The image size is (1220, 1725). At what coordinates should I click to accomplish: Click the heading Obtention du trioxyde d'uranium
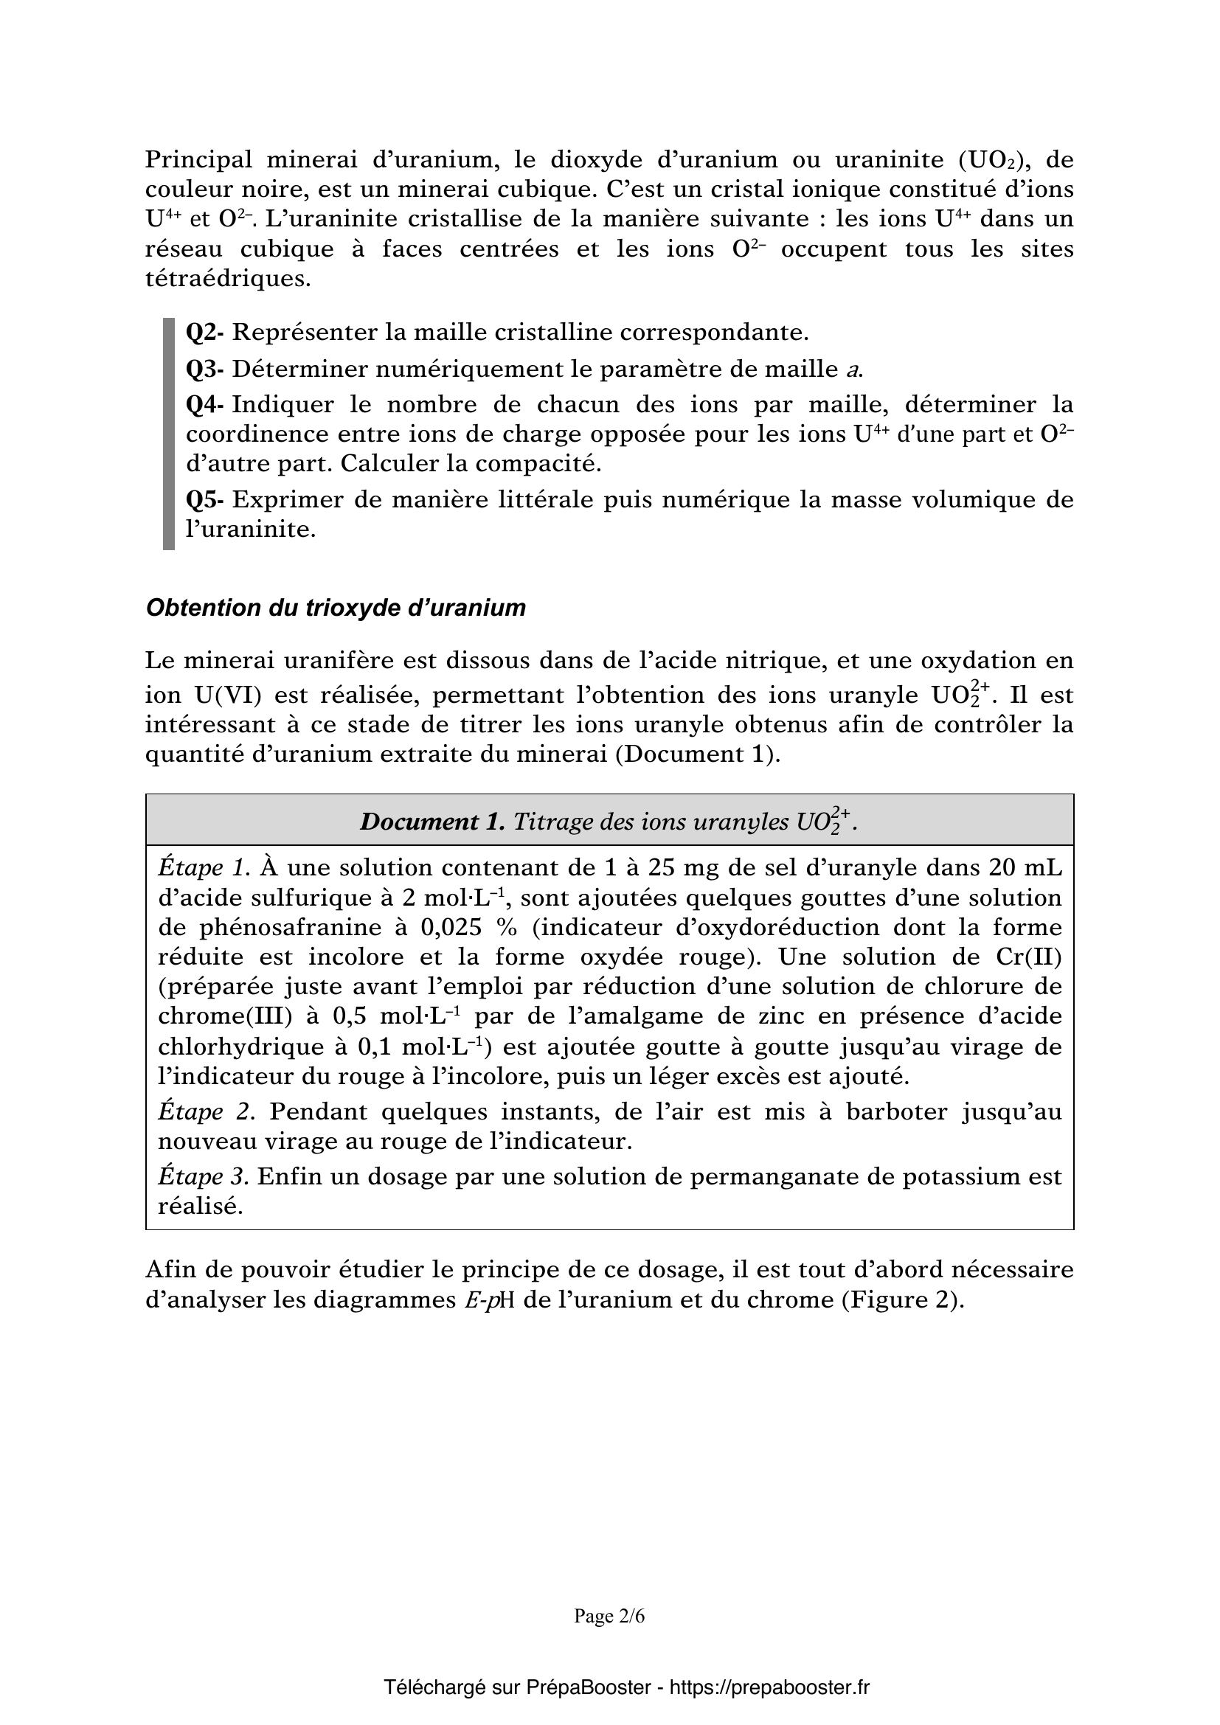336,608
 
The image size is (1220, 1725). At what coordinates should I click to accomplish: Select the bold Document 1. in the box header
432,822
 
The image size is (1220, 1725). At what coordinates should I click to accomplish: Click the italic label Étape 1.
204,868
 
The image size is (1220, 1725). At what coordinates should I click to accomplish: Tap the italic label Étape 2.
207,1111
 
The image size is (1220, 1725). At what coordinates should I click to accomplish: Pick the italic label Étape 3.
204,1176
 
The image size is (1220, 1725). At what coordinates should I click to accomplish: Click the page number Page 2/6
609,1616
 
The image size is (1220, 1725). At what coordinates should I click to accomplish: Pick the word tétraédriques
228,279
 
